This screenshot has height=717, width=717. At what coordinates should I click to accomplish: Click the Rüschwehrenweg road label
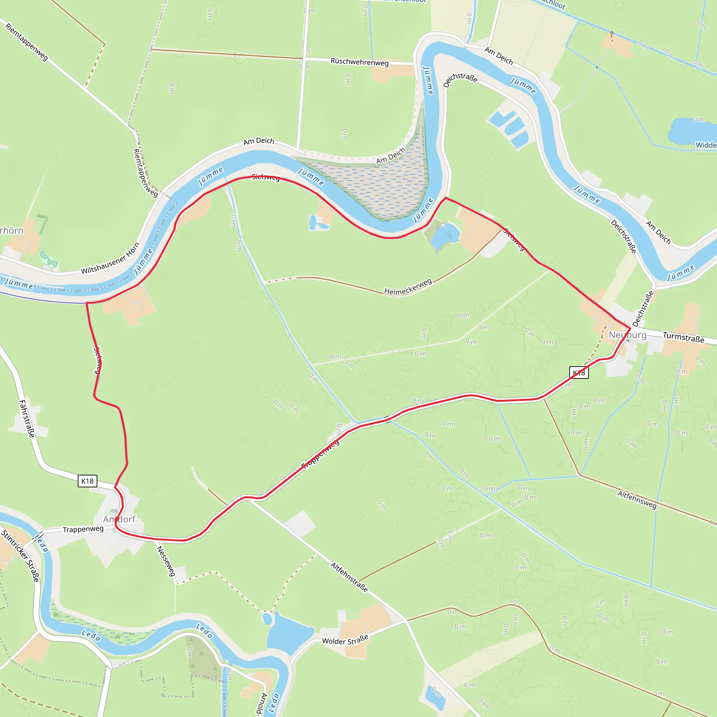pos(359,62)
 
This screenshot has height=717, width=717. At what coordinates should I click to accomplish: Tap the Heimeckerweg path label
pos(408,287)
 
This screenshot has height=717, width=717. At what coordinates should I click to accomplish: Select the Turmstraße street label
pos(683,337)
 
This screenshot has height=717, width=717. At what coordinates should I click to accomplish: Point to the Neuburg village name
pos(627,335)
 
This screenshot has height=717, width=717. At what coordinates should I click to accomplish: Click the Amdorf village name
pos(119,519)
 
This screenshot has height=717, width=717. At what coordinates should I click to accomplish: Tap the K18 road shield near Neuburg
pos(579,373)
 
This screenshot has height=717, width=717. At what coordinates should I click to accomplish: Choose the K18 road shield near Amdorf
pos(88,481)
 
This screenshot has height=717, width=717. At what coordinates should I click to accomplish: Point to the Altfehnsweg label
pos(637,500)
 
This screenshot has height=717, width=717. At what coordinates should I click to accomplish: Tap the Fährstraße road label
pos(27,419)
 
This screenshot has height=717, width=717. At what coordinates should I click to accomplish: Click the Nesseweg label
pos(166,561)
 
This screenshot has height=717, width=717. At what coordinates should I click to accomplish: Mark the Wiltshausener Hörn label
pos(110,258)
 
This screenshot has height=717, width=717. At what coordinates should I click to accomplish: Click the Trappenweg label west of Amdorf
pos(83,529)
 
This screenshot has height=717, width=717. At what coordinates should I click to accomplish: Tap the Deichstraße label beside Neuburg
pos(643,308)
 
